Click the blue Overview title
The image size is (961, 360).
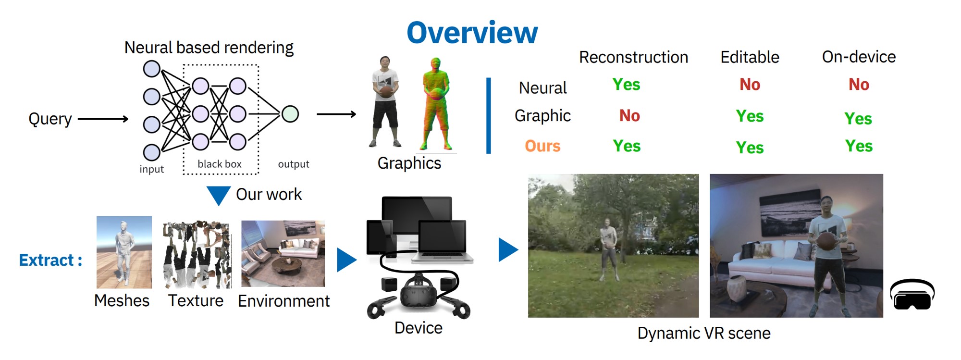point(472,33)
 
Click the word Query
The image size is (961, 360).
point(50,118)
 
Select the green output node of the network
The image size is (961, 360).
point(290,114)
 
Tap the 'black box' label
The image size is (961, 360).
point(220,164)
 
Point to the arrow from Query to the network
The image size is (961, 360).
point(103,119)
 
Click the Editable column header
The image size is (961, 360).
point(750,57)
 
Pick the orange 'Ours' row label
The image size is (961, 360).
point(542,146)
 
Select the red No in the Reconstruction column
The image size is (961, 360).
point(629,115)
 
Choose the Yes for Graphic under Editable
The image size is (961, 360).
point(750,116)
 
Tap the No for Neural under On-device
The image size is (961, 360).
point(859,85)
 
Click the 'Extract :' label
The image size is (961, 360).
point(50,260)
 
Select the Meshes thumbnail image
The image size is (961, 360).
point(124,252)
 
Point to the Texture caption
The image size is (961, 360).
point(196,300)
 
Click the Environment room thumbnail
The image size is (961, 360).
point(283,253)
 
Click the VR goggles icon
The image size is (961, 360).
point(912,295)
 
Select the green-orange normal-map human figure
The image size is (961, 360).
point(436,104)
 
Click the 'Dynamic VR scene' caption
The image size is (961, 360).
point(704,333)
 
